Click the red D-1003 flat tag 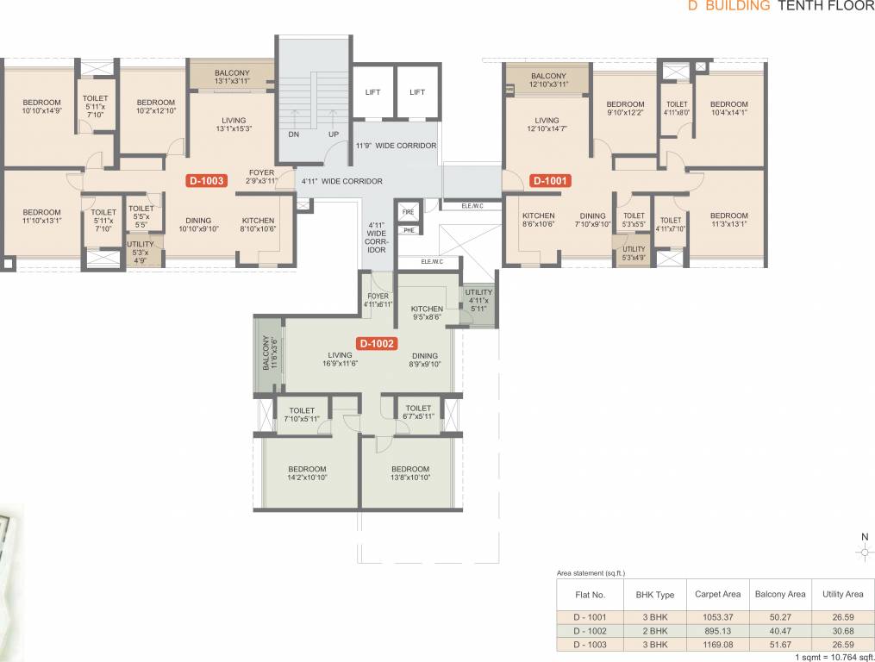[x=207, y=181]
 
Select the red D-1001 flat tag [x=549, y=181]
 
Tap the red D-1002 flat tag [x=377, y=343]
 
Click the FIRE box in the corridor [x=408, y=210]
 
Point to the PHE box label [x=408, y=230]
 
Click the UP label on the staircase [x=332, y=134]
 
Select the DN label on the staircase [x=293, y=134]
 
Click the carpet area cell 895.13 [x=718, y=630]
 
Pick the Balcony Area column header [x=780, y=594]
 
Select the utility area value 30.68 [x=842, y=630]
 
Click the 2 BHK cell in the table [x=655, y=630]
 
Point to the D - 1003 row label [x=591, y=644]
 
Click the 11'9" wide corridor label [x=396, y=146]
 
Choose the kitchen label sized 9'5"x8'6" [x=427, y=313]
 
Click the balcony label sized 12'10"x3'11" [x=547, y=80]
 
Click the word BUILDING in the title [x=735, y=5]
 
